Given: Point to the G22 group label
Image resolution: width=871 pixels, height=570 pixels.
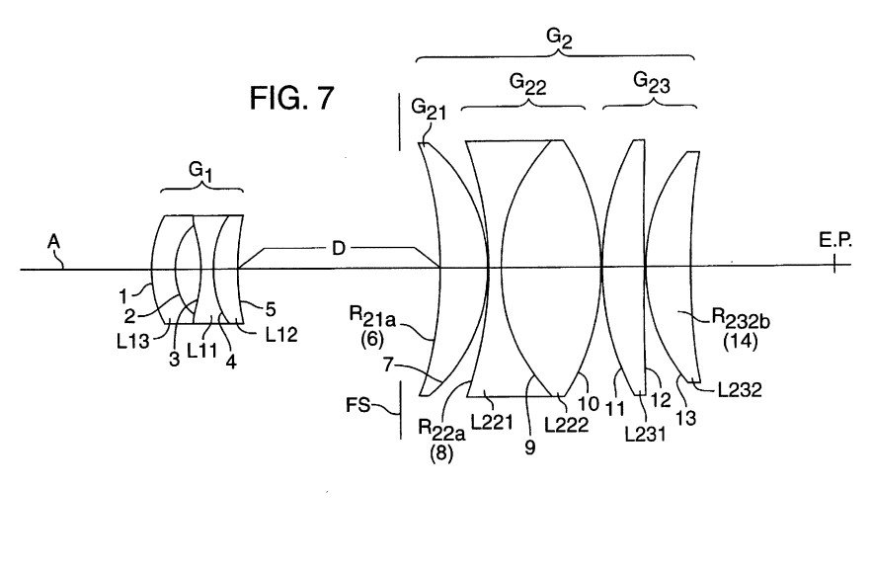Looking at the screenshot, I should (528, 85).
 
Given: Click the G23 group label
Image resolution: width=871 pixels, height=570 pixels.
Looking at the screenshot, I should (649, 85).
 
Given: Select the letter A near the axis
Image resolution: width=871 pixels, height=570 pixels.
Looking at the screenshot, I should (52, 240).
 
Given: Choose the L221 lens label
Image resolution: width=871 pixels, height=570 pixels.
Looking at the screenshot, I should (491, 422).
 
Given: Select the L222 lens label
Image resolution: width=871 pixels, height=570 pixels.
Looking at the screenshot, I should (570, 424).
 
